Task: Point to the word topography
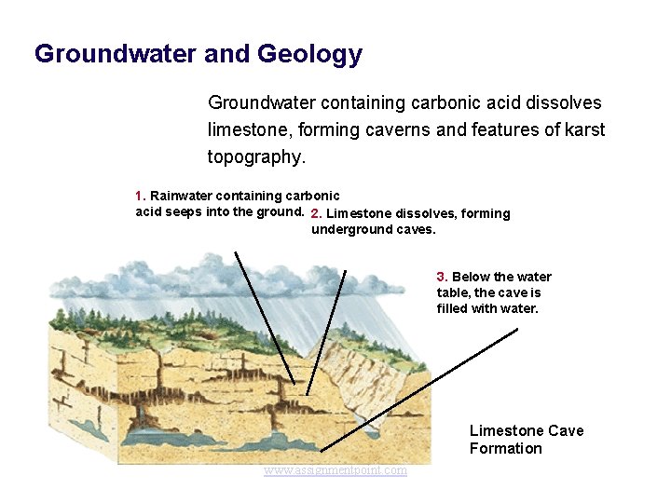click(254, 157)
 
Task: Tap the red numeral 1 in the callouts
click(139, 196)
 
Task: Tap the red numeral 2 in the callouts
click(316, 213)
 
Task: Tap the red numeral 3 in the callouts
click(442, 277)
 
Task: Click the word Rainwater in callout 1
click(181, 196)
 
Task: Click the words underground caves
click(373, 229)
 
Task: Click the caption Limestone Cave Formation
click(527, 440)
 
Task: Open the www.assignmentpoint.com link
click(335, 470)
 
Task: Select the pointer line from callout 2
click(326, 331)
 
